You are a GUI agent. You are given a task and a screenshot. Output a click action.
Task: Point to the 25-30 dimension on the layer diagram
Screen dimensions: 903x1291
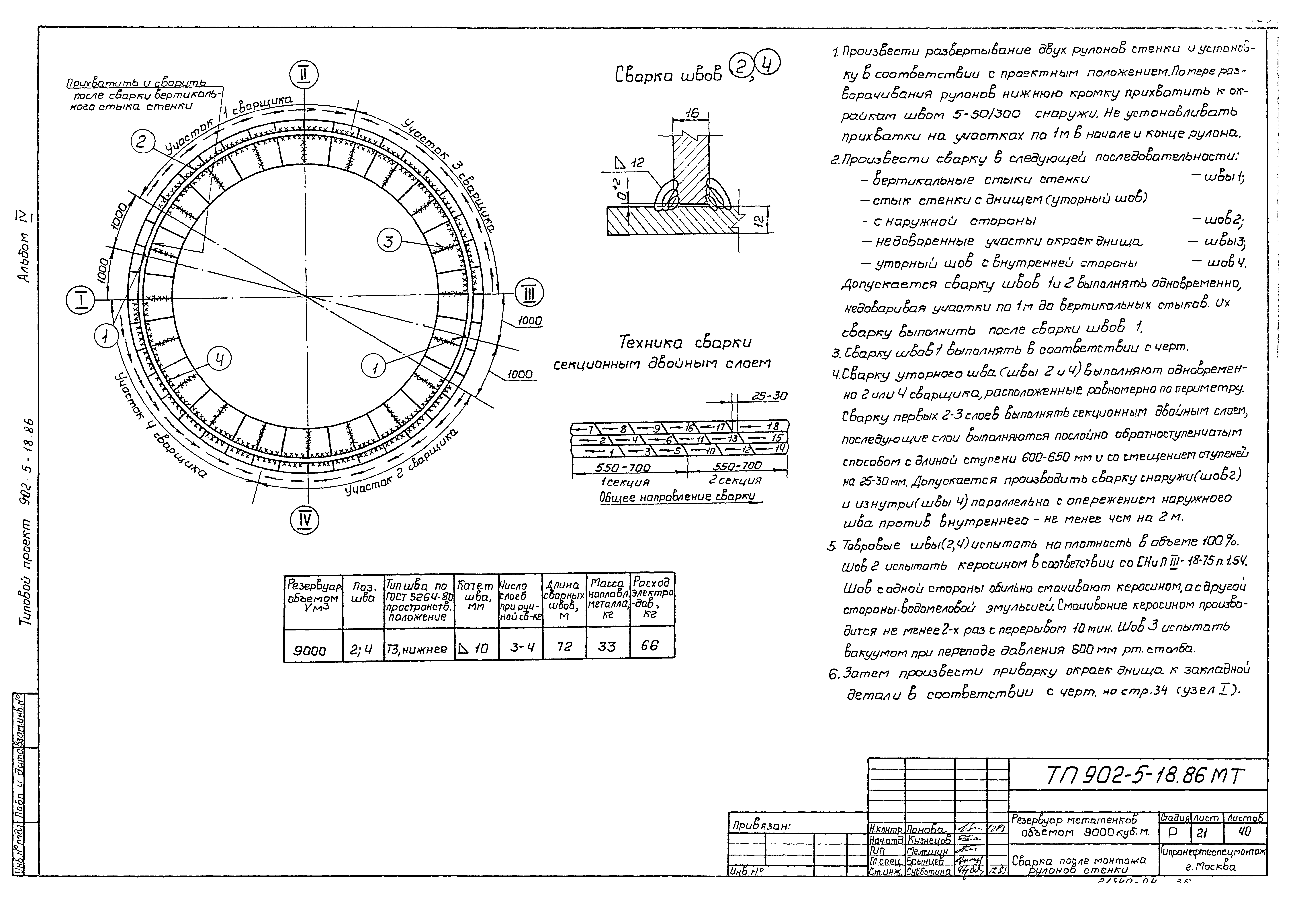coord(769,396)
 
